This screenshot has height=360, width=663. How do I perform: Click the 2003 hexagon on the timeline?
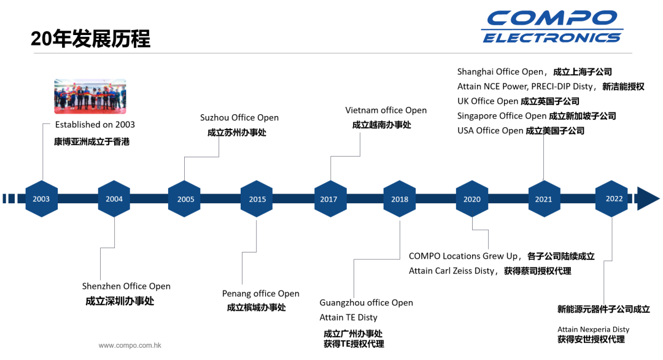point(42,199)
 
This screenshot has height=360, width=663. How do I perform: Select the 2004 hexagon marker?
point(114,199)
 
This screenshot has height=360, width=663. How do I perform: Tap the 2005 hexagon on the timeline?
point(184,199)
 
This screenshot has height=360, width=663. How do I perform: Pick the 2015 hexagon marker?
point(257,199)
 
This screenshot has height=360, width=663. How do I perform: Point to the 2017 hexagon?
point(330,199)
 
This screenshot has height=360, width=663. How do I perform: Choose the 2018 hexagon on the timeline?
point(400,199)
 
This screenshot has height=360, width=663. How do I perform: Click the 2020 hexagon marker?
point(472,199)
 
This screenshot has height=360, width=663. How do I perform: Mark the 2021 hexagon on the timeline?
point(544,199)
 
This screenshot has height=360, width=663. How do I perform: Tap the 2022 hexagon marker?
point(611,199)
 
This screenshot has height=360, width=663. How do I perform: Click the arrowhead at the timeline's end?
point(648,198)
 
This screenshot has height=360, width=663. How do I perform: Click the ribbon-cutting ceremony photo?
point(90,96)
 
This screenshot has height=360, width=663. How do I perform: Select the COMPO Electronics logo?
point(552,26)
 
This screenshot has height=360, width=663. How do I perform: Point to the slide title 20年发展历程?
point(90,39)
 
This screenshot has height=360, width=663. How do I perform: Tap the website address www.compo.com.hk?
point(130,345)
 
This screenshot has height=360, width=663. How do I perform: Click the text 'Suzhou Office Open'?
point(239,117)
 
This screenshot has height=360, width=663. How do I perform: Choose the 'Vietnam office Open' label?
point(386,111)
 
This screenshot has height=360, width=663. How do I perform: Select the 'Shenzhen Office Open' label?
point(126,286)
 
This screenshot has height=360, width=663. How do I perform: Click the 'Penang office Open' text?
point(260,294)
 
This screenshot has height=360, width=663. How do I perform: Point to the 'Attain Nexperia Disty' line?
point(593,329)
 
